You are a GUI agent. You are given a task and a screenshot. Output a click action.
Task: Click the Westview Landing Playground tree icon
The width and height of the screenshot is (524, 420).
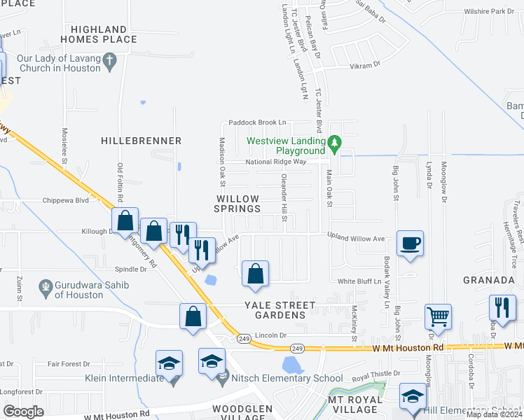pyautogui.click(x=335, y=145)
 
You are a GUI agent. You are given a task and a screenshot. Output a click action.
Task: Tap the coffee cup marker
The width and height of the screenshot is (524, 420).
pyautogui.click(x=411, y=244)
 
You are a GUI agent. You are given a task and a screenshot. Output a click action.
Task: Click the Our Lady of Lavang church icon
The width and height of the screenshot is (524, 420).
pyautogui.click(x=109, y=62)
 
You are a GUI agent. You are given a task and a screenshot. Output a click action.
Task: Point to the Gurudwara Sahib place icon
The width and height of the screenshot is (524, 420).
pyautogui.click(x=46, y=286)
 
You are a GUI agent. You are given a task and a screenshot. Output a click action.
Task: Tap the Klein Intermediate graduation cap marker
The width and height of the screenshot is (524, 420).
pyautogui.click(x=169, y=363)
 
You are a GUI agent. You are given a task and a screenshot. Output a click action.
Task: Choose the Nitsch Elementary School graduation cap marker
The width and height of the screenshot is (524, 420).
pyautogui.click(x=212, y=361)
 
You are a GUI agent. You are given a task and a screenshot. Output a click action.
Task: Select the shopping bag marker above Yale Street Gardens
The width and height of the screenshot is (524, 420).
pyautogui.click(x=256, y=274)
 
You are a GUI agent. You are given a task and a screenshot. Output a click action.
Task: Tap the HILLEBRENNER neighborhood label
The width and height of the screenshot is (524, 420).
pyautogui.click(x=142, y=141)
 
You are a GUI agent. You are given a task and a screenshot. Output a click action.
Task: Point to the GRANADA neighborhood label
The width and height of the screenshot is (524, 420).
pyautogui.click(x=489, y=280)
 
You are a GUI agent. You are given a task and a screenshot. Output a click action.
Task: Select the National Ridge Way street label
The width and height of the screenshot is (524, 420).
pyautogui.click(x=276, y=162)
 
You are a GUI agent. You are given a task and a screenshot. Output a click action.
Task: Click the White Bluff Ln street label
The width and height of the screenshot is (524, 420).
pyautogui.click(x=359, y=281)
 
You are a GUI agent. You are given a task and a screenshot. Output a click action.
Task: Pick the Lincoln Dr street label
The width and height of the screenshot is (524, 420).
pyautogui.click(x=272, y=335)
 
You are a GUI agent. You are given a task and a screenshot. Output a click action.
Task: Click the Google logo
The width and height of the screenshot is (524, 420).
pyautogui.click(x=23, y=412)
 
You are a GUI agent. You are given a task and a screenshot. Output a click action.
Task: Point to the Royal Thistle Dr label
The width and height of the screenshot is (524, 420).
pyautogui.click(x=375, y=374)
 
